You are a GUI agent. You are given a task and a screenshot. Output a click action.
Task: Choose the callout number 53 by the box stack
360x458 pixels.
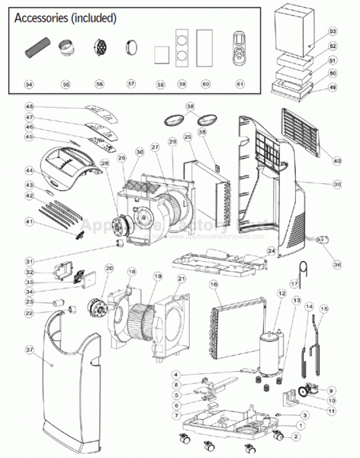click(x=333, y=32)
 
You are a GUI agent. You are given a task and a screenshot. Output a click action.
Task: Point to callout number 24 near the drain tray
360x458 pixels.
click(x=270, y=250)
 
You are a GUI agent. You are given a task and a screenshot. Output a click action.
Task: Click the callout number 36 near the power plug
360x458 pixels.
click(x=336, y=264)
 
